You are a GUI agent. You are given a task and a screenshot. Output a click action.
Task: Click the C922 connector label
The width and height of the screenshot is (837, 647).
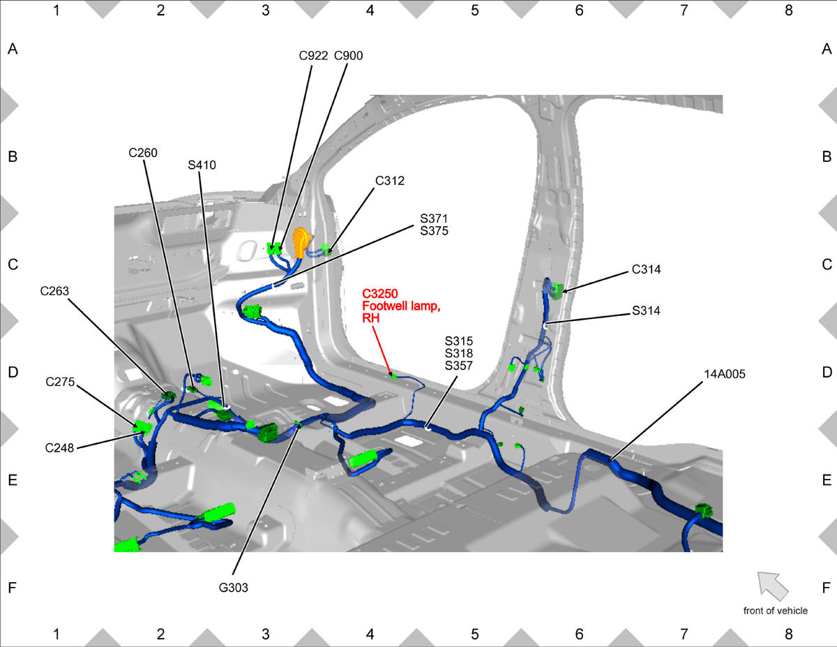pyautogui.click(x=313, y=56)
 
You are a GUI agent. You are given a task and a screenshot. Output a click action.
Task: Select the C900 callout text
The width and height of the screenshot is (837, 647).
pyautogui.click(x=348, y=56)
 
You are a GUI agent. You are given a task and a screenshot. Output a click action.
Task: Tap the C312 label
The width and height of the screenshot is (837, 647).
pyautogui.click(x=390, y=181)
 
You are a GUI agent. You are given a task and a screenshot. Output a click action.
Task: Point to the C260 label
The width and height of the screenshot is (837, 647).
pyautogui.click(x=143, y=153)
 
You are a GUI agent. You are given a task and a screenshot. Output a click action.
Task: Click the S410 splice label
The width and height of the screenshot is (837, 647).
pyautogui.click(x=202, y=165)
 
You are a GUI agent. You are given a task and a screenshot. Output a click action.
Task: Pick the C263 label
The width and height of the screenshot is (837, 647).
pyautogui.click(x=54, y=291)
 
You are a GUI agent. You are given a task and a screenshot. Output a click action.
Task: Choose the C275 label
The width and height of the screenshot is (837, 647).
pyautogui.click(x=60, y=382)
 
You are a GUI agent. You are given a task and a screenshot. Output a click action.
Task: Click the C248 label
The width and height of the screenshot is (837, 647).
pyautogui.click(x=59, y=448)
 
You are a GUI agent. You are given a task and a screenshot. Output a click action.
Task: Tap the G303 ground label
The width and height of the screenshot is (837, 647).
pyautogui.click(x=234, y=588)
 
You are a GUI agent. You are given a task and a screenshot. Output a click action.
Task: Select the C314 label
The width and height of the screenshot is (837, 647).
pyautogui.click(x=647, y=269)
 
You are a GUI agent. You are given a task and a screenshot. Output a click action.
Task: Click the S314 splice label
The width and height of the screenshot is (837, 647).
pyautogui.click(x=646, y=311)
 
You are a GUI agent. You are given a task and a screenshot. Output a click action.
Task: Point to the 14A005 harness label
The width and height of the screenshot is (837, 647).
pyautogui.click(x=725, y=374)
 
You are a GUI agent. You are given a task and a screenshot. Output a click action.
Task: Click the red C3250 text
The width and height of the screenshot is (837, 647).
pyautogui.click(x=380, y=294)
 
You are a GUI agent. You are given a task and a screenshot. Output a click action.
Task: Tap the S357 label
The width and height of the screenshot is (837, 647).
pyautogui.click(x=459, y=366)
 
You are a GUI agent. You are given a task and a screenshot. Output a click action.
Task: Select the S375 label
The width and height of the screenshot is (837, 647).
pyautogui.click(x=434, y=231)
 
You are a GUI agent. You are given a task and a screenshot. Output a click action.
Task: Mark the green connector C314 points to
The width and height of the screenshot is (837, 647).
pyautogui.click(x=557, y=291)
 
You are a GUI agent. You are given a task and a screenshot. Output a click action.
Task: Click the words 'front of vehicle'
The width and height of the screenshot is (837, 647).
pyautogui.click(x=776, y=611)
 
